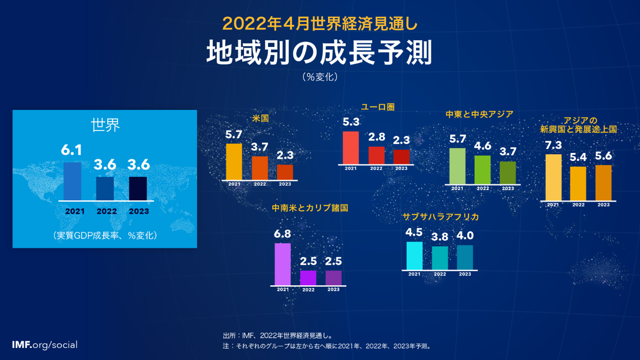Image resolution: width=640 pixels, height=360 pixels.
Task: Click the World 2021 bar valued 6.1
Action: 72,181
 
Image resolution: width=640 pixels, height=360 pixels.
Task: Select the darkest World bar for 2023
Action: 138,189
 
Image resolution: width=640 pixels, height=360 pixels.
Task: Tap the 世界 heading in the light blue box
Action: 105,125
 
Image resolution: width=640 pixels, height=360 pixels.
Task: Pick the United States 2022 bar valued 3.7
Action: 260,168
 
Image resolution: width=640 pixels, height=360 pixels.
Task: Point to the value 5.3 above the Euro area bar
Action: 351,122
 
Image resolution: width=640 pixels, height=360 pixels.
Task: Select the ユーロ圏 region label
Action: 378,107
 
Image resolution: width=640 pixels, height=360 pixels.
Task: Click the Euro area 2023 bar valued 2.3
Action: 401,157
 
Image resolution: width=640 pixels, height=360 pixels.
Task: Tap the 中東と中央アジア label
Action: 479,114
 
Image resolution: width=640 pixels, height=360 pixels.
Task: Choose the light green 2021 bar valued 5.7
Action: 457,166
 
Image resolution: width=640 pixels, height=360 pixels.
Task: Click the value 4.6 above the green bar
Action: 482,146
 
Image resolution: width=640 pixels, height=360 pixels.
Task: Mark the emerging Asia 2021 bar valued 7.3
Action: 553,177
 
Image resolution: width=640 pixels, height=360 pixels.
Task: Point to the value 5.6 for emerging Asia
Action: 603,156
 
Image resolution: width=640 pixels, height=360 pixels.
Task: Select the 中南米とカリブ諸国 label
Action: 310,208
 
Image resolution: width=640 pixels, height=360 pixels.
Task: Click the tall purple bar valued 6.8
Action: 282,264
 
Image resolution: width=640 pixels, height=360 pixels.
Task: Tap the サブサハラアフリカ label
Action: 440,217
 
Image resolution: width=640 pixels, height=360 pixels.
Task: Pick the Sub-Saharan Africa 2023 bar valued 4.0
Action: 465,257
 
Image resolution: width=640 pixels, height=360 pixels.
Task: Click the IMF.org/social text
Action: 45,345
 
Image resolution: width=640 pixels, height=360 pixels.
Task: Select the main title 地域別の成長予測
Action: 319,54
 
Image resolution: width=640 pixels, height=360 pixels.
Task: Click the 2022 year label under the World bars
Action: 107,211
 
